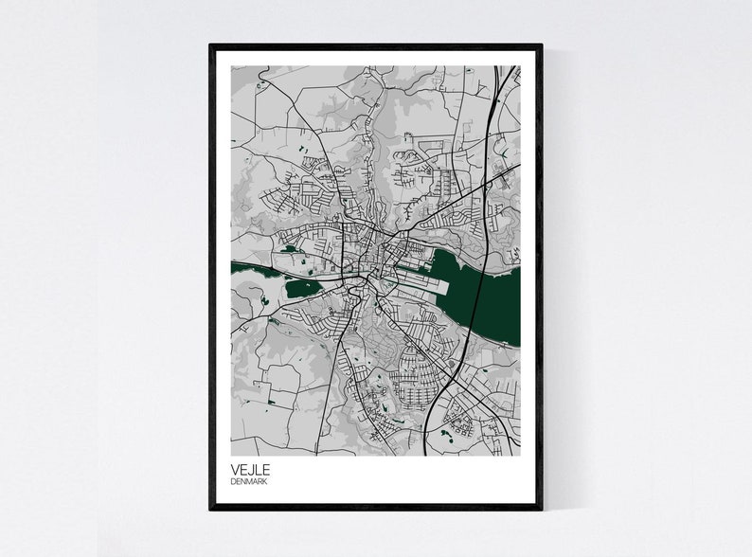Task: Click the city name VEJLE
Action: click(x=250, y=470)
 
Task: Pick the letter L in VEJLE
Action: click(x=259, y=470)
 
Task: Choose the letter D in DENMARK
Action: click(x=233, y=483)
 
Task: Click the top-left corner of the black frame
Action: click(x=210, y=45)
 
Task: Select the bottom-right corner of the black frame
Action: click(x=542, y=509)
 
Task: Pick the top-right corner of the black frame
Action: click(x=542, y=45)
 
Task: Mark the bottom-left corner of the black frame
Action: click(x=210, y=509)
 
